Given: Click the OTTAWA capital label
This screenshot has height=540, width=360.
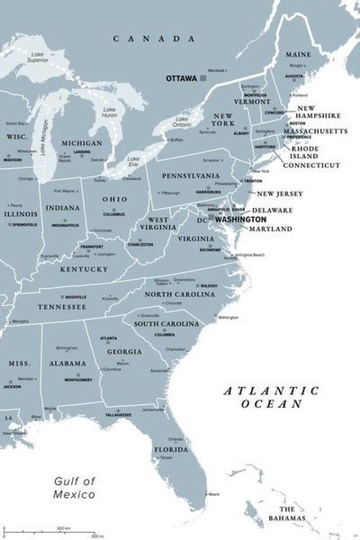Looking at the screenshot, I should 181,78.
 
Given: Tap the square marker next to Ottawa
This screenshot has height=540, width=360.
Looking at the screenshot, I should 203,78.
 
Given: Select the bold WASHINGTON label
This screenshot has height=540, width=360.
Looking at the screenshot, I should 241,219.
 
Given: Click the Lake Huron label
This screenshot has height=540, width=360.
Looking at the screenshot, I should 109,112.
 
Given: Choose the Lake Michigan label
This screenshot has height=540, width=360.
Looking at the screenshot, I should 43,137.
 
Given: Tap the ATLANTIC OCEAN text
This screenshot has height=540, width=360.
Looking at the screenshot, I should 271,397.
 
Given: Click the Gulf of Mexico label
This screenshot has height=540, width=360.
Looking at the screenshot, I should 74,488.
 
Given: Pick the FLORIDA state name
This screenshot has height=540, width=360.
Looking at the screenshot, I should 171,449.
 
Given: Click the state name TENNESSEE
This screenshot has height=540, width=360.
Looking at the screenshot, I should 62,306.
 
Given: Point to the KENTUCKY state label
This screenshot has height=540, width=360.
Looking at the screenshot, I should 84,269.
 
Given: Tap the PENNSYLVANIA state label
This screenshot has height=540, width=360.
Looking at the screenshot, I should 190,176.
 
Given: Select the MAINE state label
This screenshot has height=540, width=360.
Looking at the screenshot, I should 298,54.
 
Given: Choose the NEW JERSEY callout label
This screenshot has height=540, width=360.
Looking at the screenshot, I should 279,193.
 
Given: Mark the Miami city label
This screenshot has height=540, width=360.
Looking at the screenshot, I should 213,494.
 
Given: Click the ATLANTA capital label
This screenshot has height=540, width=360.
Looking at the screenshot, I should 108,338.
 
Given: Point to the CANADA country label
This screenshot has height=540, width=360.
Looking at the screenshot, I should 153,38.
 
